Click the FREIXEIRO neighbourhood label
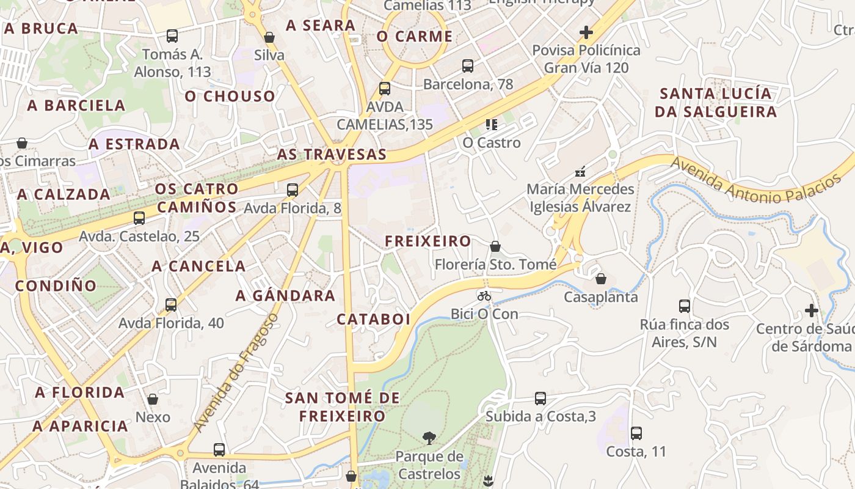(428, 241)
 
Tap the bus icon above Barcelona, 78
(468, 65)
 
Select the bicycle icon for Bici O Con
(484, 296)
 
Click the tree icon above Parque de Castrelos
(429, 438)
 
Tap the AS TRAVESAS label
(332, 154)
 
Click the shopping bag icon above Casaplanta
(601, 279)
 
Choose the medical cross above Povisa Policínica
(586, 32)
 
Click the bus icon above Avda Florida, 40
(171, 304)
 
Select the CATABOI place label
(373, 320)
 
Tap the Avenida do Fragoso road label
(235, 373)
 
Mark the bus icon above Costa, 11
(636, 433)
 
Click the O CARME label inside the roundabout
(415, 37)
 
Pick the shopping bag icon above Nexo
(153, 399)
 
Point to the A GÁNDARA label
(285, 296)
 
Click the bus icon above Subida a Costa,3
(540, 399)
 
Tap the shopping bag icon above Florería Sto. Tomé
(495, 246)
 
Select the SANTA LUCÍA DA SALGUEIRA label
(715, 103)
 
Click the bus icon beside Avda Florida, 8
(293, 189)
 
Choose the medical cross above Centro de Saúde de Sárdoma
(811, 311)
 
